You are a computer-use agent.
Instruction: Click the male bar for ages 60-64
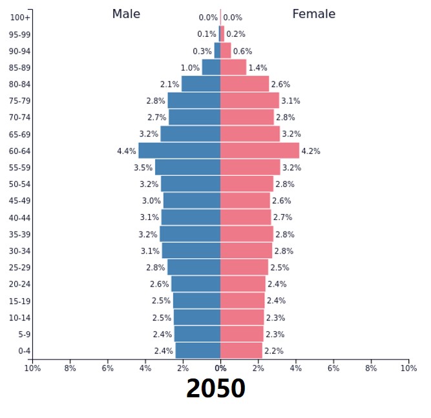point(179,151)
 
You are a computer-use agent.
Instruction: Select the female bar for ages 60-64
point(260,151)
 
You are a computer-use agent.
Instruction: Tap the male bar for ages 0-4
point(198,351)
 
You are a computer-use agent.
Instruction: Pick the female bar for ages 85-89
point(233,67)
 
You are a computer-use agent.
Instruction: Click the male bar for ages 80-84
point(201,84)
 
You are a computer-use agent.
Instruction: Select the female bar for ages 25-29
point(244,267)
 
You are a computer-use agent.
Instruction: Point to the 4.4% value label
point(127,151)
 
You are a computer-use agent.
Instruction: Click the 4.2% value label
point(311,151)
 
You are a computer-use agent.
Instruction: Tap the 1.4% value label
point(258,68)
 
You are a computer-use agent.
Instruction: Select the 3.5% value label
point(143,168)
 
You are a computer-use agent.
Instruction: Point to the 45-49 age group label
point(19,201)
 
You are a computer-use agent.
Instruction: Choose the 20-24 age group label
point(19,284)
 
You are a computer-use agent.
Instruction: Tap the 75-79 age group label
point(19,101)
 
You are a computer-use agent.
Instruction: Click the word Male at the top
point(126,14)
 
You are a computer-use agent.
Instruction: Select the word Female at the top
point(314,14)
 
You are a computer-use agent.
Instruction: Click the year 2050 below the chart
point(216,389)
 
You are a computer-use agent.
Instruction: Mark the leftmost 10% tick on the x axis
point(32,368)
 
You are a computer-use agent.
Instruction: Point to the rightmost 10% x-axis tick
point(408,368)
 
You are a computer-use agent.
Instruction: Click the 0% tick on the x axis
point(220,368)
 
